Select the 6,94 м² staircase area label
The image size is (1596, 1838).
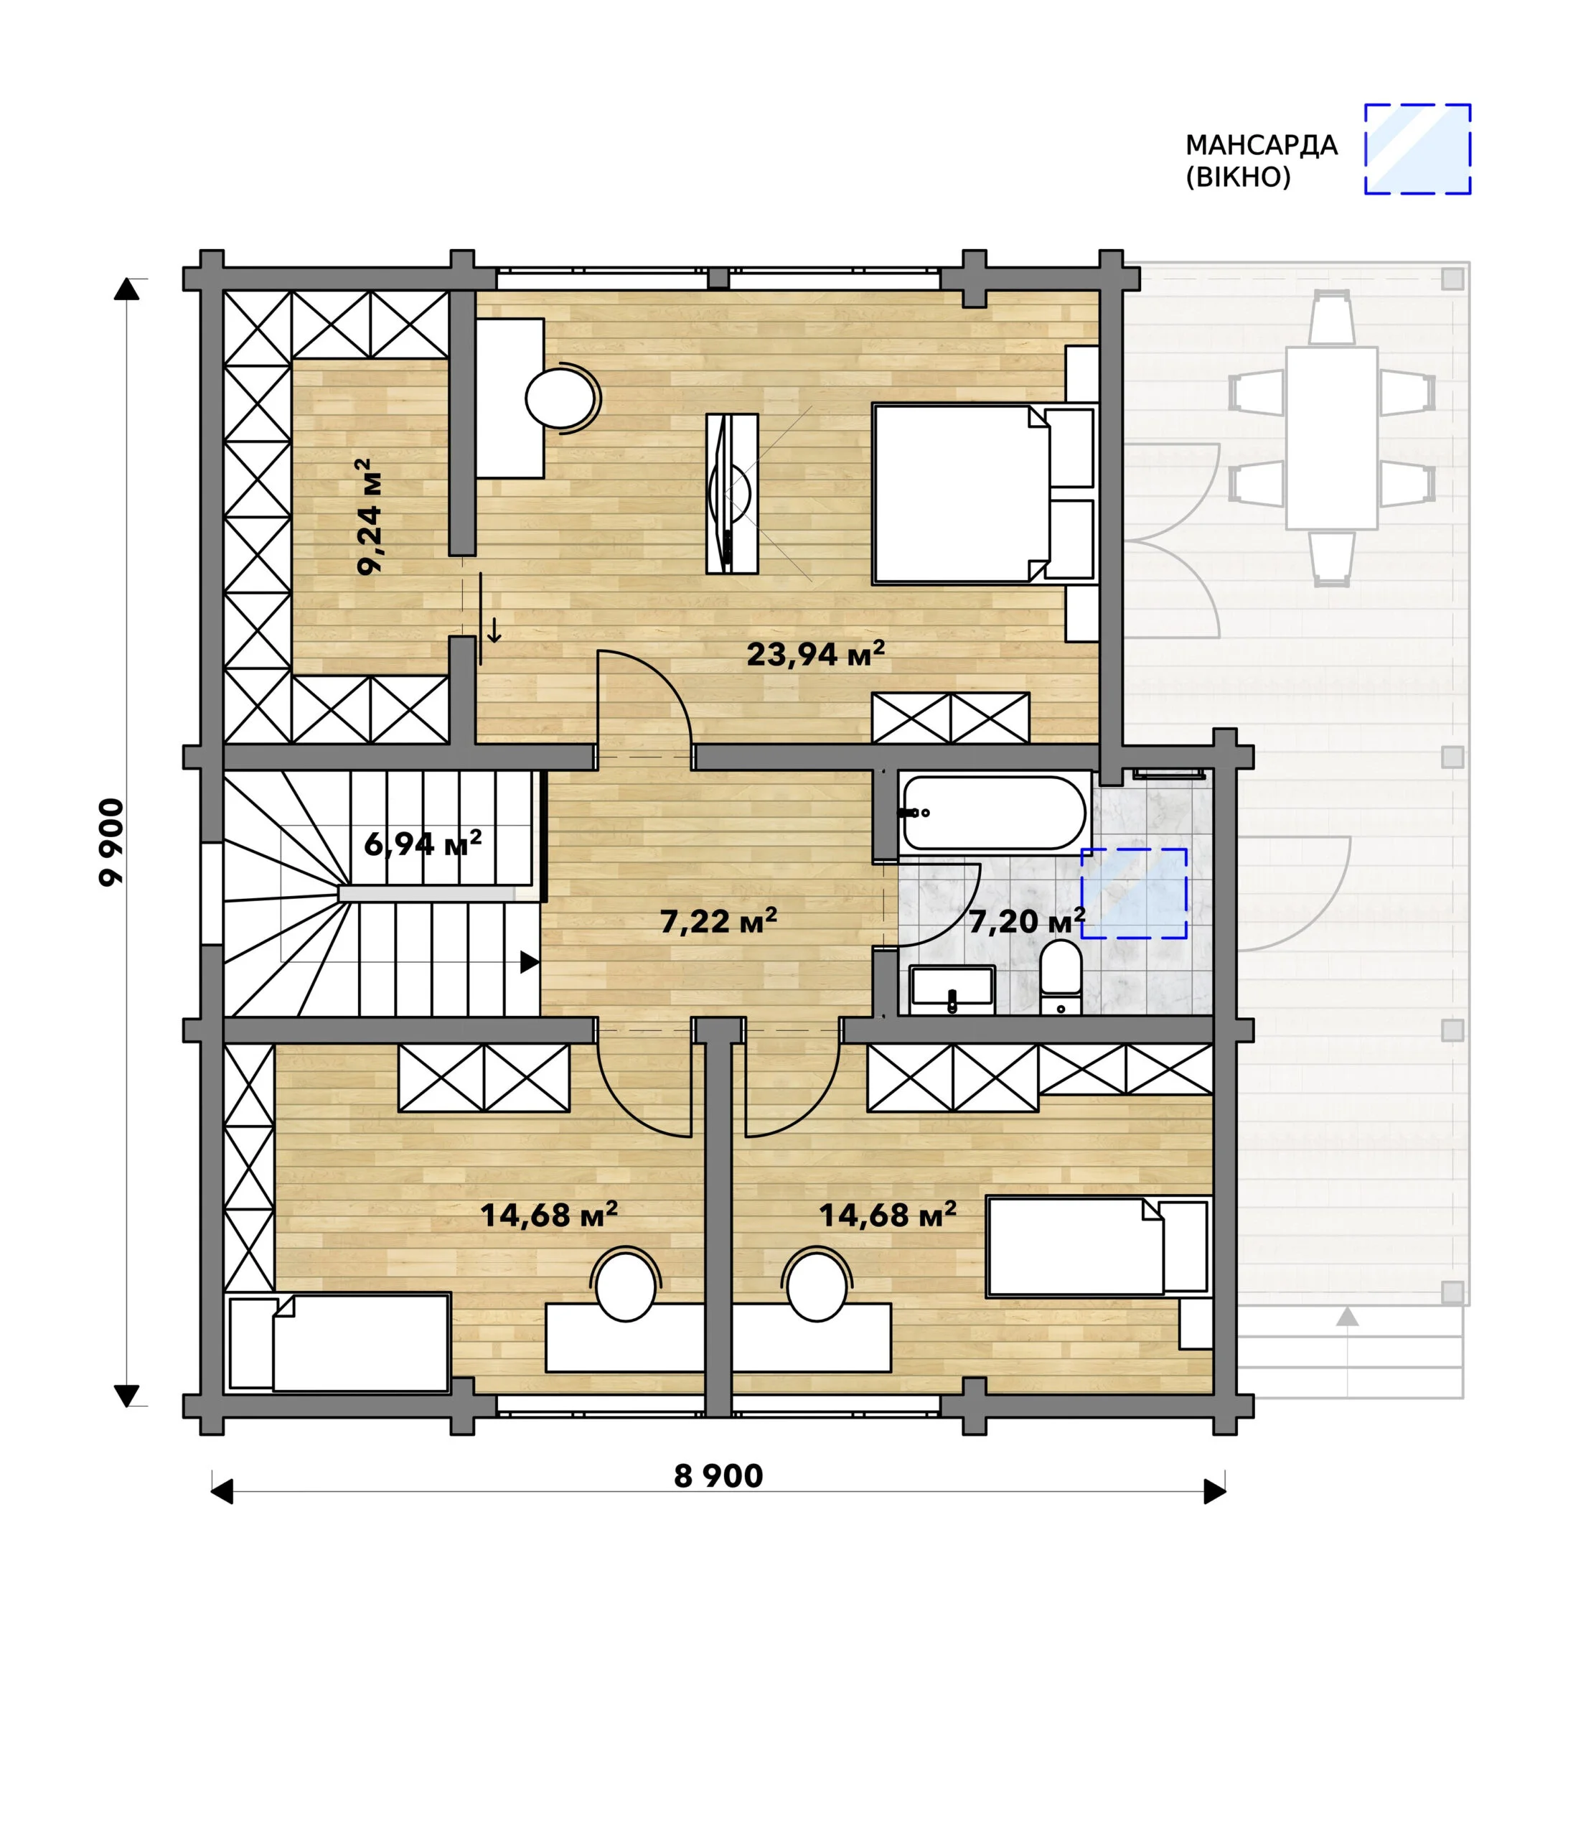click(x=423, y=843)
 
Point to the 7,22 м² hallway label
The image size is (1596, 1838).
click(x=719, y=920)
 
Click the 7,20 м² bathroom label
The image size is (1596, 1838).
click(x=1027, y=920)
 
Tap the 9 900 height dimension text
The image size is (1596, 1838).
click(x=111, y=842)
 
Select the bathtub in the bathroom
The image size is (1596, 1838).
click(x=994, y=813)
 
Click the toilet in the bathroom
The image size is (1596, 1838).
click(x=1061, y=977)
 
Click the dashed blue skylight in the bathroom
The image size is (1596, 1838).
click(x=1134, y=894)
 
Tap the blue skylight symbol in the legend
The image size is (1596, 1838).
click(x=1418, y=149)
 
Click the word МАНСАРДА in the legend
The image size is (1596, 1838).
click(x=1261, y=145)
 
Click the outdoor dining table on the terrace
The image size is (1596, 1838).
click(x=1331, y=439)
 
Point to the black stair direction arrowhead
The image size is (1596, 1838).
click(x=530, y=962)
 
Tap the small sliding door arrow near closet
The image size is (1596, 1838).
click(x=494, y=633)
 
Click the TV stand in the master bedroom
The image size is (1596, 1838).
click(x=732, y=493)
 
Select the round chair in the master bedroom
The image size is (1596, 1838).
click(x=561, y=398)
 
